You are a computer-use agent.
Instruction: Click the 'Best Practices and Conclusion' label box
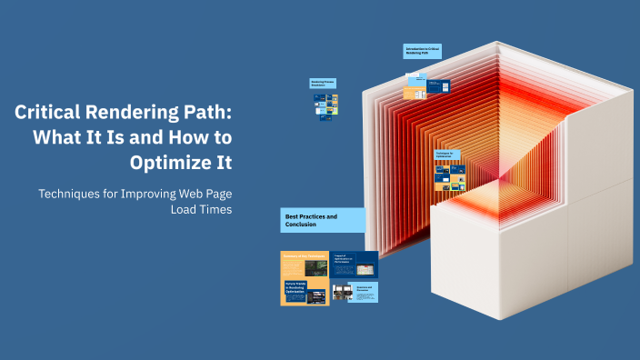click(323, 220)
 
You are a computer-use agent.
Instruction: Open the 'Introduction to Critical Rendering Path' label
click(422, 52)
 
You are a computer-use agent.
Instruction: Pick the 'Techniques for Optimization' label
click(446, 155)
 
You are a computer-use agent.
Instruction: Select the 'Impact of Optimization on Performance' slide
click(355, 265)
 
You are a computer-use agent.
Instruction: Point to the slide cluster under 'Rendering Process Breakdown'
click(326, 110)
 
